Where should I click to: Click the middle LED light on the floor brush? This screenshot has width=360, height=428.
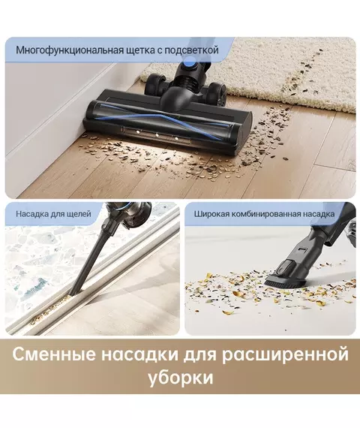click(157, 135)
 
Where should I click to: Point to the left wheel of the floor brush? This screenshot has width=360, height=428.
click(154, 83)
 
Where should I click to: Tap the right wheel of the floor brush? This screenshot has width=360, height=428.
click(216, 94)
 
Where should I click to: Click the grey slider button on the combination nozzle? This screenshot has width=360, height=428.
click(285, 268)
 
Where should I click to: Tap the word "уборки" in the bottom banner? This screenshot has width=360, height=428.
click(181, 378)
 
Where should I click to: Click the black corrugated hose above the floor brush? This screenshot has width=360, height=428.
click(189, 80)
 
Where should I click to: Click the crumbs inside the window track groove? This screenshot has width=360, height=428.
click(48, 311)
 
